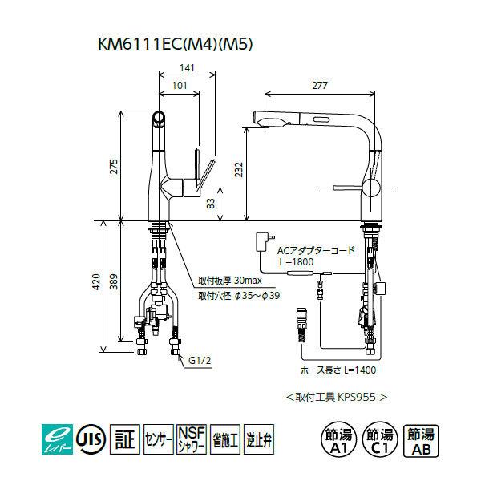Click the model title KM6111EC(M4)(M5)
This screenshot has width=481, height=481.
coord(174,46)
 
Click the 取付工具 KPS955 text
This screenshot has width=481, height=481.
coord(337,396)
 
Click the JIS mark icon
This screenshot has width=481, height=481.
coord(89,439)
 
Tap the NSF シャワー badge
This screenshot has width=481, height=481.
coord(192,439)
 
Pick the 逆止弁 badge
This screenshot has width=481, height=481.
coord(257,439)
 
